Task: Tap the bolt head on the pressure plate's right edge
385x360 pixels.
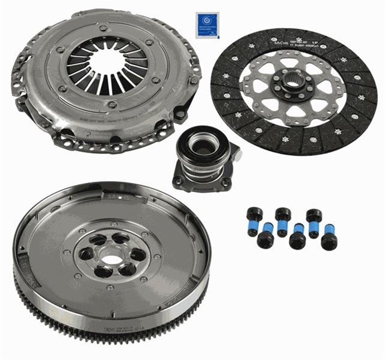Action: tap(194, 79)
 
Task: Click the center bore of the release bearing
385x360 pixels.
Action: tap(200, 145)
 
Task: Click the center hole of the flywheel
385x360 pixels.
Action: tap(112, 260)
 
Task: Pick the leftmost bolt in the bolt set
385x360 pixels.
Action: tap(254, 215)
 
